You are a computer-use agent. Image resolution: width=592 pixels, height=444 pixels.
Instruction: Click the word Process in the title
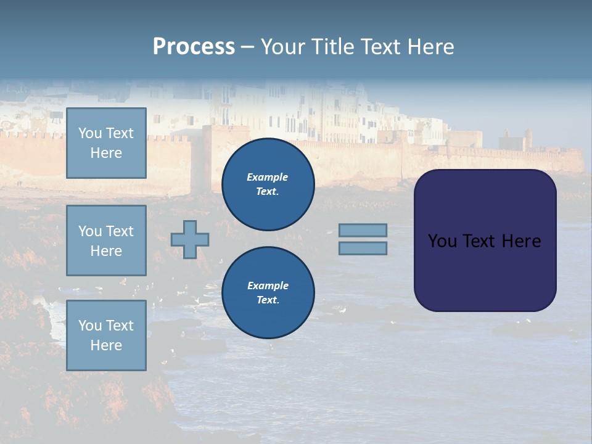[194, 47]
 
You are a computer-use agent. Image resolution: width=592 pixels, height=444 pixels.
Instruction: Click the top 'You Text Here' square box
[106, 143]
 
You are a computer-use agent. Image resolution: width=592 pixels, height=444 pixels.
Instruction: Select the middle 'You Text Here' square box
[106, 240]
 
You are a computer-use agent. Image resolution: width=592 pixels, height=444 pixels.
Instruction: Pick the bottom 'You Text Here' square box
[106, 335]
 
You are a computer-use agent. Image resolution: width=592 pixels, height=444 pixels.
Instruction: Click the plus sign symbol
[190, 239]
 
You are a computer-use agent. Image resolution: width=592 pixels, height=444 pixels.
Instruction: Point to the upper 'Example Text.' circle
[268, 184]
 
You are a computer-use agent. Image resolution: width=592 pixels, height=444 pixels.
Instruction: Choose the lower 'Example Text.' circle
[268, 293]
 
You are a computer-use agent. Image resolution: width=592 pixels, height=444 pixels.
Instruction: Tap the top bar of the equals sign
[363, 230]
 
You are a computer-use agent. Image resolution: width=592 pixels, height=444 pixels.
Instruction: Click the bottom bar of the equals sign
[363, 249]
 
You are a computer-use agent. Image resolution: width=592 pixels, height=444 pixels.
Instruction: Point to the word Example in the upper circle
[268, 177]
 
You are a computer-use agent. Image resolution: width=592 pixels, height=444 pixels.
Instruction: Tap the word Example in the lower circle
[268, 286]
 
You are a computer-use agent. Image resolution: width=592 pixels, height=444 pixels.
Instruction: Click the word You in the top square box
[89, 133]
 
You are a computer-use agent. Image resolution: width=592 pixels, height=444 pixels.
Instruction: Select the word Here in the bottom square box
[106, 345]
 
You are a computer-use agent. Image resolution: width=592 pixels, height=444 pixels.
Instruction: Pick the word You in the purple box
[442, 241]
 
